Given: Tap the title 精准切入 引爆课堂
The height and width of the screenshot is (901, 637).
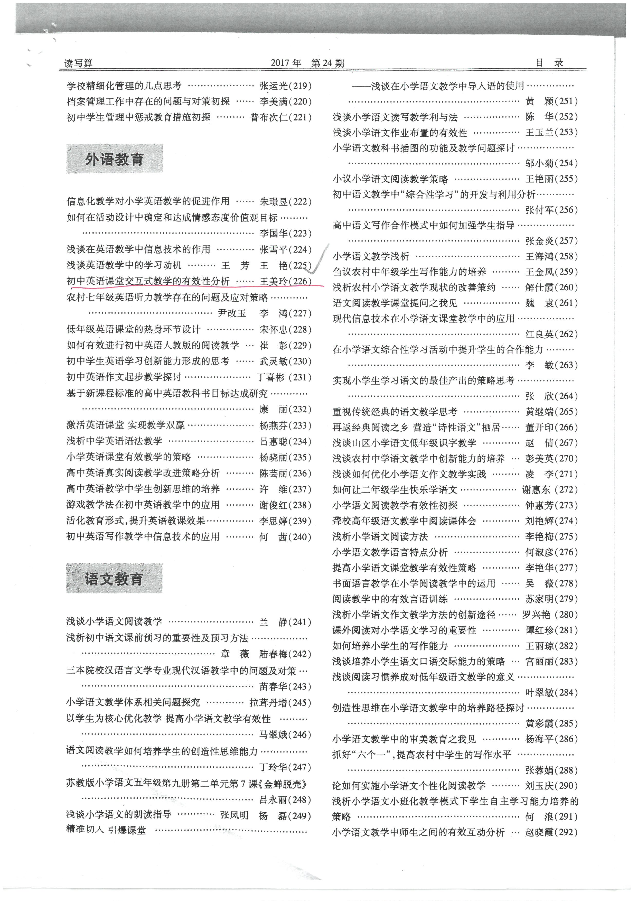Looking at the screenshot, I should point(106,830).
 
